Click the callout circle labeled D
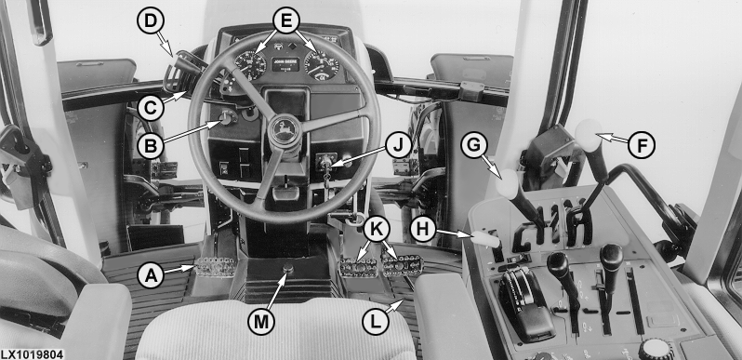coord(150,20)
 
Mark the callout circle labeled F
coord(642,144)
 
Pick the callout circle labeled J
coord(399,145)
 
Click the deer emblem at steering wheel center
coord(285,130)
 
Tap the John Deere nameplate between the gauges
coord(285,64)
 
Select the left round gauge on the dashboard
coord(250,64)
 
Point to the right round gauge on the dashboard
coord(322,65)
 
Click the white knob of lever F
coord(589,135)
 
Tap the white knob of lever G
coord(509,184)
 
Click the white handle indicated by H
coord(485,240)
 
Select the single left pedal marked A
coord(216,267)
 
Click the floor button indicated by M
coord(287,270)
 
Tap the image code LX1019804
coord(32,354)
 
